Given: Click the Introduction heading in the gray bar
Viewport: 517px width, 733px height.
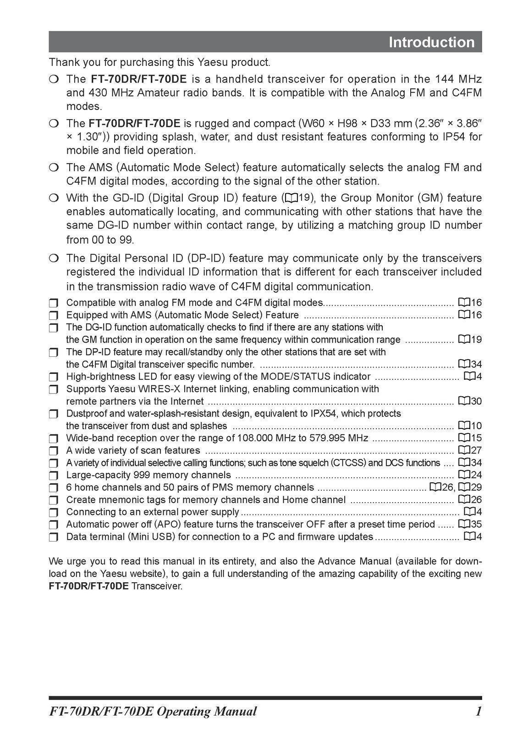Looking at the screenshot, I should click(431, 42).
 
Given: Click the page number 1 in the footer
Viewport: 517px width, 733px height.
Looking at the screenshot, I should click(478, 711).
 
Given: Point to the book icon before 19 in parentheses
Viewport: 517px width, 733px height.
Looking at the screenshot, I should click(291, 198).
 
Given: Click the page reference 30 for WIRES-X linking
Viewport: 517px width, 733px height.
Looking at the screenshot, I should click(476, 401).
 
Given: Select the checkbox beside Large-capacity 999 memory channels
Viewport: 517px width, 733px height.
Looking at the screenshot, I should click(54, 475).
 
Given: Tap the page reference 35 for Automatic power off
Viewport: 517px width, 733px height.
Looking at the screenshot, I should click(476, 524).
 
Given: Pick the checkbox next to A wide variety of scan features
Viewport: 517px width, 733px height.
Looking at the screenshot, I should click(54, 450).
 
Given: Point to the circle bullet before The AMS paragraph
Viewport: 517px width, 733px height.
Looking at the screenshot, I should click(54, 168).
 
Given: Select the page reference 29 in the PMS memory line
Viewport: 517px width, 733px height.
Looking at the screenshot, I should click(476, 487).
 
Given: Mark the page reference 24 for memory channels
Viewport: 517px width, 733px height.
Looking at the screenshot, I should click(476, 475).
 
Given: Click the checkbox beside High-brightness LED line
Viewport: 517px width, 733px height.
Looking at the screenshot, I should click(54, 377).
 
